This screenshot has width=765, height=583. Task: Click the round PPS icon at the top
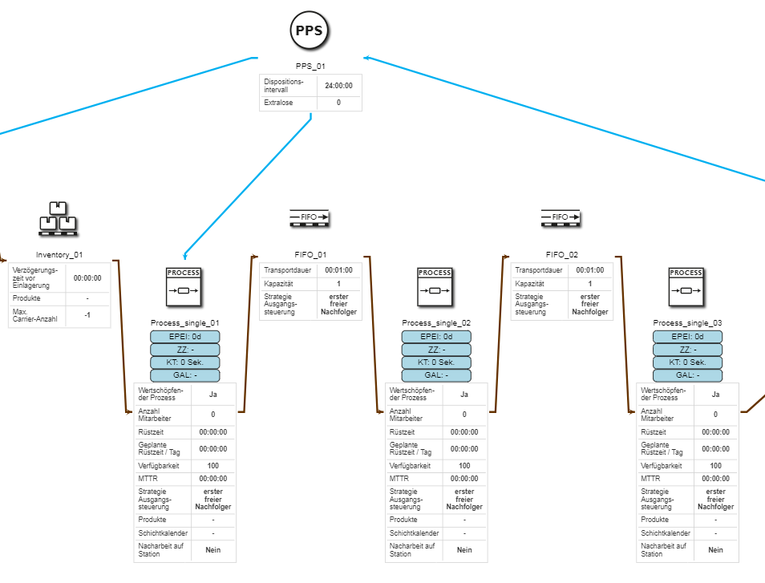coord(310,30)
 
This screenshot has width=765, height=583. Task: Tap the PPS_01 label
coord(310,67)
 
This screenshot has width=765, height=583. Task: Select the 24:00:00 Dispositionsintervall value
coord(338,85)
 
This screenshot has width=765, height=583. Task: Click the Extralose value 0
coord(338,103)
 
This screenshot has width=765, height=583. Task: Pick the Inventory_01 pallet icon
coord(58,219)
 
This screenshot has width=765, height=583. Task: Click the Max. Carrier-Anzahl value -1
coord(87,316)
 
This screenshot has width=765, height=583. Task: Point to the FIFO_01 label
coord(310,255)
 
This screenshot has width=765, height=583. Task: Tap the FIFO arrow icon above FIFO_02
coord(561,217)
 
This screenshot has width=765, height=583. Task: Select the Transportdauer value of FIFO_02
coord(589,270)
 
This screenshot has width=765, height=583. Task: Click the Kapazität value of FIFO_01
coord(338,284)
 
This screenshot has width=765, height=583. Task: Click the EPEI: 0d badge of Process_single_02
coord(436,337)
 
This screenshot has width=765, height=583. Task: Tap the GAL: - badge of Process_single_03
coord(687,375)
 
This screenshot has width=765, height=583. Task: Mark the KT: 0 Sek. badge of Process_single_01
coord(184,362)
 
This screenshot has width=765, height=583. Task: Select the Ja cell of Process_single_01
coord(212,394)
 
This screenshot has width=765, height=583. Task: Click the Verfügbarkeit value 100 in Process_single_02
coord(464,465)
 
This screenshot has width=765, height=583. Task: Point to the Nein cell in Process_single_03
coord(715,550)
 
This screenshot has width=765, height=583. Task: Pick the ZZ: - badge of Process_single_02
coord(436,350)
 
